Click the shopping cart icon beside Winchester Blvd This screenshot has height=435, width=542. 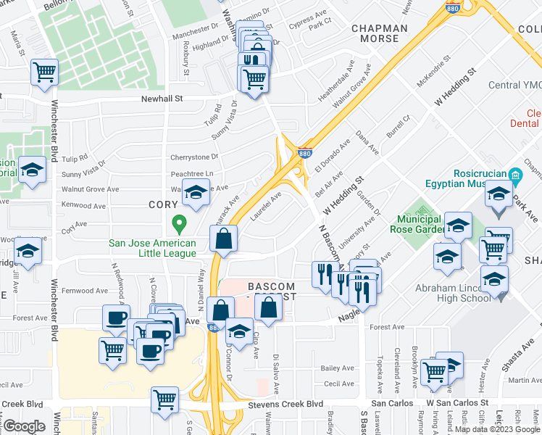pyautogui.click(x=45, y=72)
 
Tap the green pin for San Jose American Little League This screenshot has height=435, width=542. pyautogui.click(x=175, y=222)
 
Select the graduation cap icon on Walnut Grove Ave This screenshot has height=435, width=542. pyautogui.click(x=195, y=192)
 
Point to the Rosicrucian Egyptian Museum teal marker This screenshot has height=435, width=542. pyautogui.click(x=515, y=175)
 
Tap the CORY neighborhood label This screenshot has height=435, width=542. pyautogui.click(x=163, y=205)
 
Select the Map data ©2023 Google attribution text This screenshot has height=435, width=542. pyautogui.click(x=497, y=429)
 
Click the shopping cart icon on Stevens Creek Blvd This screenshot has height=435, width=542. pyautogui.click(x=165, y=399)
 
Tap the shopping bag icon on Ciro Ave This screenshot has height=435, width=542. pyautogui.click(x=268, y=307)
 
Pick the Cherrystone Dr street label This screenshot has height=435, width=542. pyautogui.click(x=193, y=157)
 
